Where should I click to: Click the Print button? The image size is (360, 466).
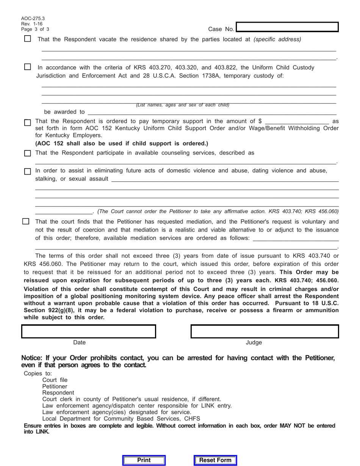144,460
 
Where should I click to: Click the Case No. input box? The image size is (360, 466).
287,27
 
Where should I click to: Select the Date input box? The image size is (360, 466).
89,331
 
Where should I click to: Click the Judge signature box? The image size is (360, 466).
265,331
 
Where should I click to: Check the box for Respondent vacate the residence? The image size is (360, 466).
27,39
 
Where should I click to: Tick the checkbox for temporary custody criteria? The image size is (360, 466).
27,67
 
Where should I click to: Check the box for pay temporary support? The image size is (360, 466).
27,123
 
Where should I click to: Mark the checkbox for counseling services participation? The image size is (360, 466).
27,153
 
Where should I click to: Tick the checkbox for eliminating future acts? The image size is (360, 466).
27,171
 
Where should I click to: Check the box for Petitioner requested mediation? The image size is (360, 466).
26,221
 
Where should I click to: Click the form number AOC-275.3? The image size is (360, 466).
33,18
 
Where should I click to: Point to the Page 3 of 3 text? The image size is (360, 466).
35,29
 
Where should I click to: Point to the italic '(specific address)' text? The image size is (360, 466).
277,39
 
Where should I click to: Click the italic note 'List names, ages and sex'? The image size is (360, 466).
183,105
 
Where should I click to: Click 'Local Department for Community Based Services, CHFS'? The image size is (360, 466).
121,419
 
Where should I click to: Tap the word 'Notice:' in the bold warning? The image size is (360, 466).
32,358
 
